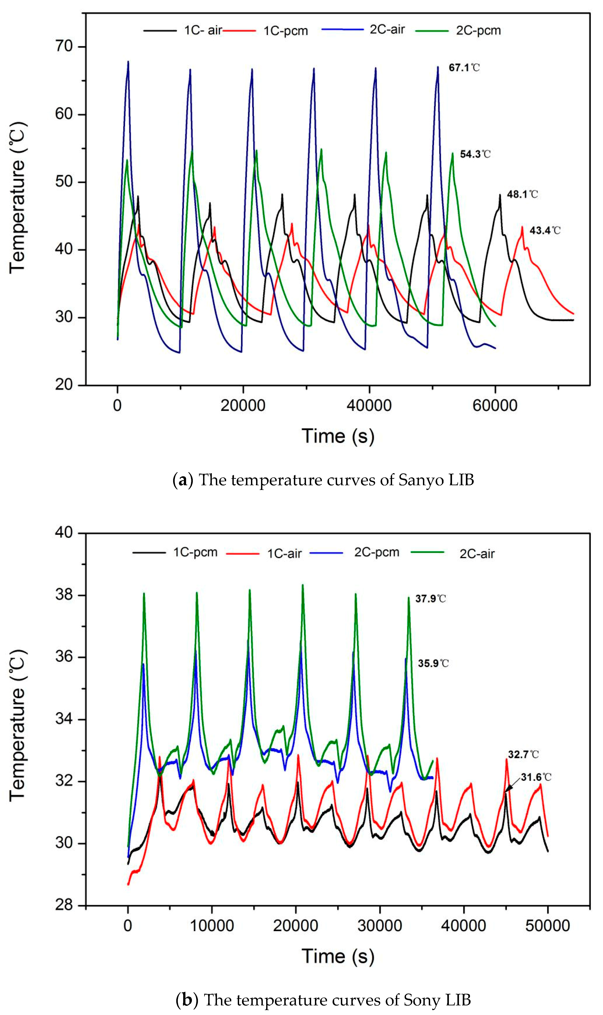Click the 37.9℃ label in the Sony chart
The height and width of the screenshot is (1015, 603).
(430, 599)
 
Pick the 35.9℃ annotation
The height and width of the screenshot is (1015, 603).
(433, 664)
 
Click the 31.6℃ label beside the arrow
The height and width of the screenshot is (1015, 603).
(536, 777)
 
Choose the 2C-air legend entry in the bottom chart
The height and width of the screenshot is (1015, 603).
(477, 554)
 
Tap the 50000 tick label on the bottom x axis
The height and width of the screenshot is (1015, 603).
(547, 926)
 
